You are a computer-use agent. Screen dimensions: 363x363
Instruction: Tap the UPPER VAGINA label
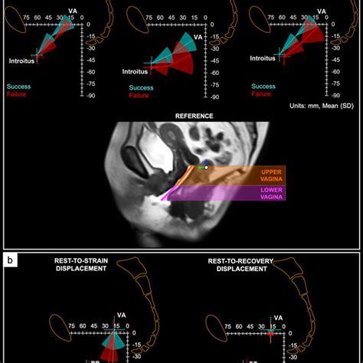(272, 175)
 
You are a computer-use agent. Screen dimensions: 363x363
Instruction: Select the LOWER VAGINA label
(272, 194)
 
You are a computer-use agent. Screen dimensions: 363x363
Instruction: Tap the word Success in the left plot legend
(20, 87)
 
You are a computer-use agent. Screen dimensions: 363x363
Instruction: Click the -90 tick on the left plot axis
(90, 96)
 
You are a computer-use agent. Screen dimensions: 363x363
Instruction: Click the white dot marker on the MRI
(206, 167)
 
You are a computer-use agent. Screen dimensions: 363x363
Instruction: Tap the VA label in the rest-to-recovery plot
(279, 316)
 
